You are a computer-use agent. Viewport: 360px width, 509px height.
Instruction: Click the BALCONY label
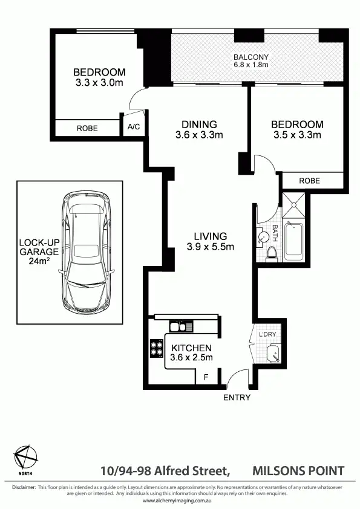(x=250, y=58)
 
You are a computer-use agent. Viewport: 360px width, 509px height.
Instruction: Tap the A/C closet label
(x=133, y=128)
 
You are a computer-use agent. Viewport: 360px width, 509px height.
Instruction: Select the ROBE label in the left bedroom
(x=87, y=128)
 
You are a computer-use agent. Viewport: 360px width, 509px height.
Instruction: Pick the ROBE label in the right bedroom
(x=309, y=181)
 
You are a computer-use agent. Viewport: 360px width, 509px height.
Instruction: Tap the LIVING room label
(x=210, y=236)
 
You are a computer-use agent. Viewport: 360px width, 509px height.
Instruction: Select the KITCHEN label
(x=191, y=348)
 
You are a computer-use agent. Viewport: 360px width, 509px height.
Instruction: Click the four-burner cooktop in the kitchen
(x=157, y=349)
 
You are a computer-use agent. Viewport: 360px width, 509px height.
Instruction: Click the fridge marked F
(x=206, y=377)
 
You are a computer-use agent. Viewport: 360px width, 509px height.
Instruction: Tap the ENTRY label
(x=237, y=397)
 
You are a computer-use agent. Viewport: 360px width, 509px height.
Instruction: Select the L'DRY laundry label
(x=267, y=334)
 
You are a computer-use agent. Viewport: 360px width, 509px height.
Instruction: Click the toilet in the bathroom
(x=272, y=253)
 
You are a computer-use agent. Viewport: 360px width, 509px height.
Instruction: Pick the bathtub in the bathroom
(x=295, y=240)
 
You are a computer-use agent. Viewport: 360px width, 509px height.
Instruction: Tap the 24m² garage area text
(x=39, y=263)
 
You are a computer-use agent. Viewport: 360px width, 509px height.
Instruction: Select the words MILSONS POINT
(x=298, y=471)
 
